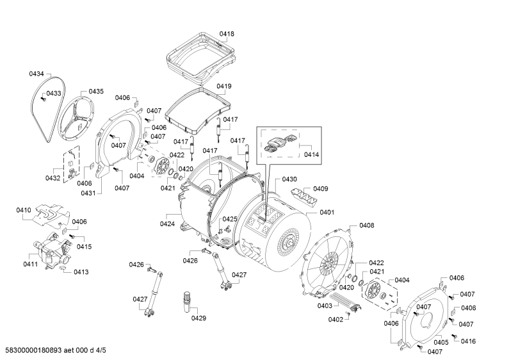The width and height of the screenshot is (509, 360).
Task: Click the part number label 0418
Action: [227, 34]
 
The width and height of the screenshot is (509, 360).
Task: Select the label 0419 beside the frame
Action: [224, 86]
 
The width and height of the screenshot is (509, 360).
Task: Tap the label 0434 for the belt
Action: [36, 74]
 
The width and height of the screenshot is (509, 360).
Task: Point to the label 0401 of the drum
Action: [327, 212]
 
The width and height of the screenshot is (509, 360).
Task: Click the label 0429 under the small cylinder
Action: [198, 318]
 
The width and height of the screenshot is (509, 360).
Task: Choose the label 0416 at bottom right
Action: [468, 341]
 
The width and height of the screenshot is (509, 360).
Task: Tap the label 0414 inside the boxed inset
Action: [311, 154]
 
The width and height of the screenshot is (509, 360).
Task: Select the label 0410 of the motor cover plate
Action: [24, 210]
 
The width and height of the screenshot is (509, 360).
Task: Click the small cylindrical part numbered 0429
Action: [188, 302]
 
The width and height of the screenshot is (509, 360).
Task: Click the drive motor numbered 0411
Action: [53, 250]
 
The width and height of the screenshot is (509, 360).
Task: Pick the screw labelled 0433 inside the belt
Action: [42, 99]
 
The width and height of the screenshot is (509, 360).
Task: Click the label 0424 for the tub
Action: [167, 224]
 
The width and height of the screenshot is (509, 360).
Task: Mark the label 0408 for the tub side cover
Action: [366, 225]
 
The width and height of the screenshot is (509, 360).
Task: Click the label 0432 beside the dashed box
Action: [53, 178]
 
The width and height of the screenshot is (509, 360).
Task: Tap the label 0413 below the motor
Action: [81, 272]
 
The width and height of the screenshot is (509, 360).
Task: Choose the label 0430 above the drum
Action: [289, 179]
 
